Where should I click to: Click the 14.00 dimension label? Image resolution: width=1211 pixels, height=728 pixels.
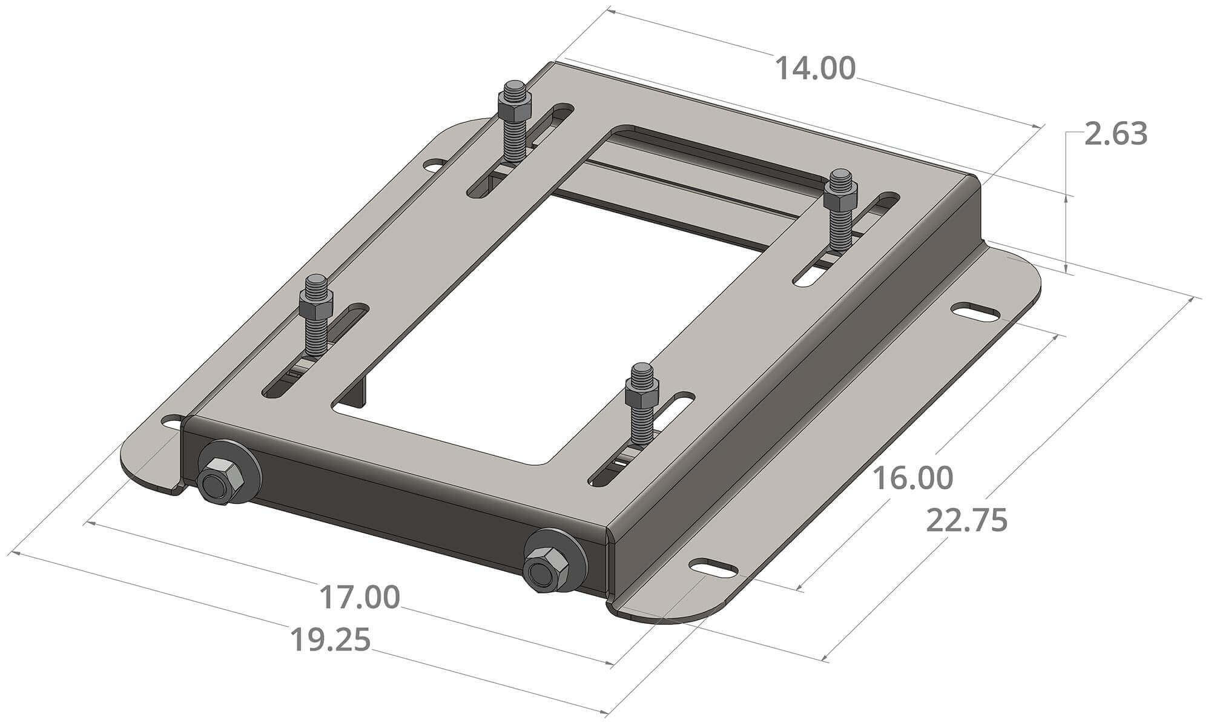pos(815,69)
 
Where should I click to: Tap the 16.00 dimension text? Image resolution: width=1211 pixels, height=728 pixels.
pos(912,478)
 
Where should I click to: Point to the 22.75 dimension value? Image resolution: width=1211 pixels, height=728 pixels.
pos(967,521)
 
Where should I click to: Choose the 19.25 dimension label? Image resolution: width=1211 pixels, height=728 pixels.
pos(330,641)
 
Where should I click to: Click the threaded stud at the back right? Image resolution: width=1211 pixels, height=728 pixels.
pos(840,209)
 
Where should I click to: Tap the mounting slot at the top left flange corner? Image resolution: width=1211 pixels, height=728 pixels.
pos(435,164)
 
